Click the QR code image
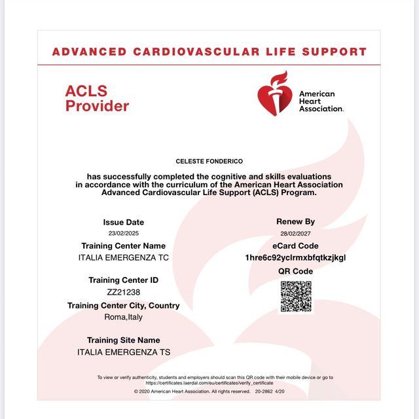click(296, 297)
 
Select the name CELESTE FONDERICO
click(209, 161)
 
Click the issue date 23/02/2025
click(124, 233)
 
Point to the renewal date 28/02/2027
click(295, 233)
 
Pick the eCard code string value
click(295, 257)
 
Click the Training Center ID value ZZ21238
click(124, 292)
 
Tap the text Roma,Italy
click(124, 317)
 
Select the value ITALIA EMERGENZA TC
click(124, 257)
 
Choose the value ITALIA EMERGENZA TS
click(124, 352)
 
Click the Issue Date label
click(124, 222)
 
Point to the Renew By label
click(295, 222)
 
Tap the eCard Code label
click(295, 246)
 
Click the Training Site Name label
click(124, 340)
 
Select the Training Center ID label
click(124, 280)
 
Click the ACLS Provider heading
click(97, 98)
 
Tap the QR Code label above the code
click(295, 271)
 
